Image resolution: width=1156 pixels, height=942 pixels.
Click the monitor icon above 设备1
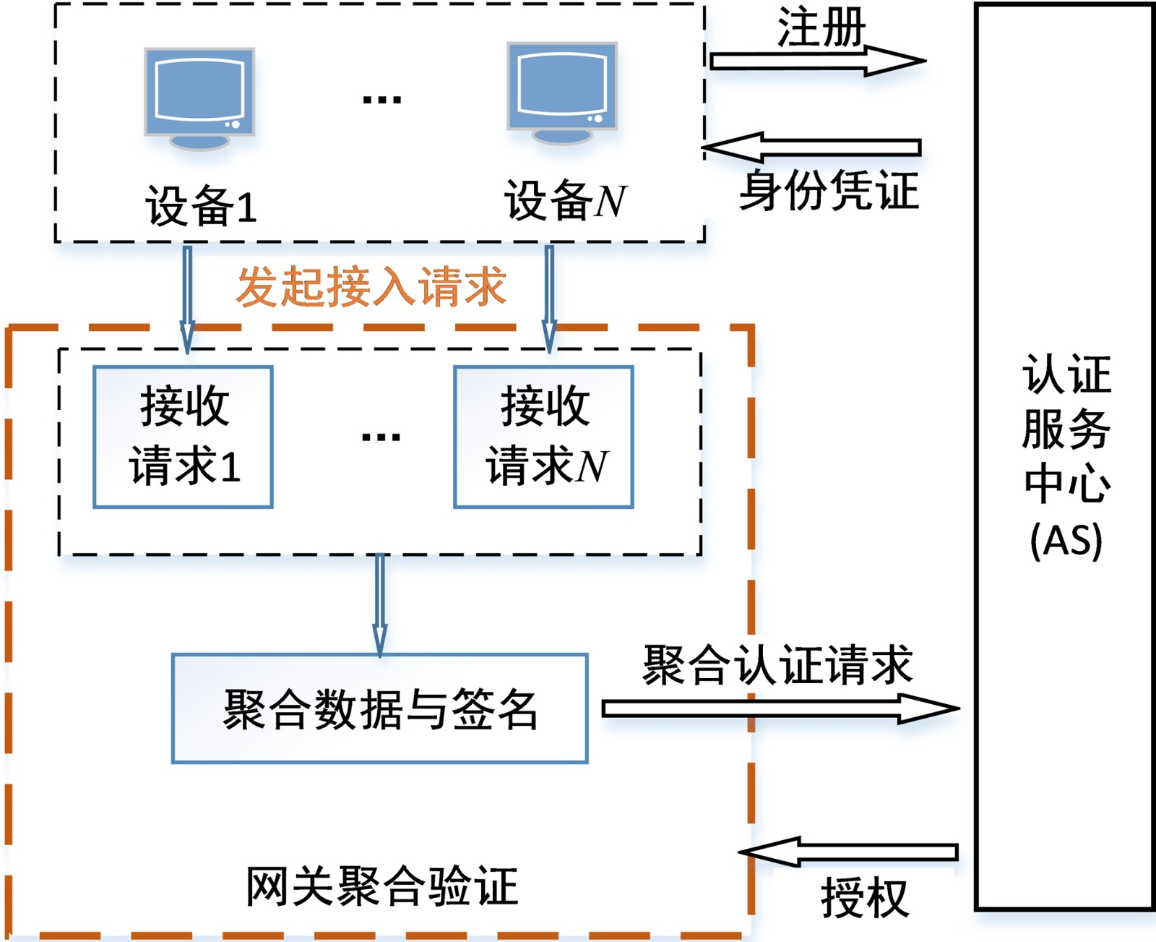[199, 98]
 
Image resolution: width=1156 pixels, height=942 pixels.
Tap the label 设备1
[202, 206]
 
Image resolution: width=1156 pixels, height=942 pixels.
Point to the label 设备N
[566, 200]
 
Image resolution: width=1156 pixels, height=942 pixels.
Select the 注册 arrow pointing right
[816, 61]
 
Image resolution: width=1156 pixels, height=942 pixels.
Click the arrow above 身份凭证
[812, 147]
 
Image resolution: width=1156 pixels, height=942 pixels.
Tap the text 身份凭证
[828, 191]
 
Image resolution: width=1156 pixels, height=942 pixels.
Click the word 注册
[821, 27]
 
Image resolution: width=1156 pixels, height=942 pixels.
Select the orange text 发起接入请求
[371, 286]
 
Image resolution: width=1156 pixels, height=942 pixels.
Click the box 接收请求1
[183, 437]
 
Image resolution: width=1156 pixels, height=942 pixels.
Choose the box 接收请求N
[543, 437]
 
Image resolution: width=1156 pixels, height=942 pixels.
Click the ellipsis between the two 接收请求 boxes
[381, 437]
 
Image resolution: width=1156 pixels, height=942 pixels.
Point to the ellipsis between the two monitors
[381, 100]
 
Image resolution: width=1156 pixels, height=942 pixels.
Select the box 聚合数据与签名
[380, 708]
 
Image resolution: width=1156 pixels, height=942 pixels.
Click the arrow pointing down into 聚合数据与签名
[380, 604]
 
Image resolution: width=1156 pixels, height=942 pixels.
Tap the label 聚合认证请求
[777, 665]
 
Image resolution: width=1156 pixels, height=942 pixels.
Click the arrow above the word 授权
[850, 852]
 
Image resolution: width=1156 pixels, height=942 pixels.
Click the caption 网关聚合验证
[381, 886]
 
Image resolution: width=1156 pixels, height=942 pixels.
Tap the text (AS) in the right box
[1066, 539]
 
